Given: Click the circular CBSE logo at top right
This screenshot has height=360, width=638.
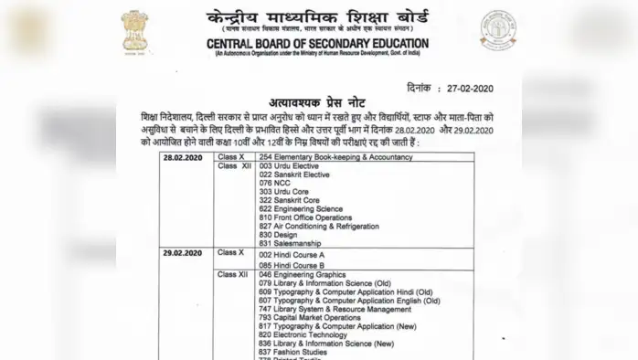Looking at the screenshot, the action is [x=498, y=30].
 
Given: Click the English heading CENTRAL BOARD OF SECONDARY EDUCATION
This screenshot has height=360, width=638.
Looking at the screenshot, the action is [x=317, y=43].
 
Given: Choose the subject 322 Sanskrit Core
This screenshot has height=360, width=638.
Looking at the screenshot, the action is [x=289, y=200].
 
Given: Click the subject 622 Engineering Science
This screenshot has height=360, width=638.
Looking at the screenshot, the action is [x=301, y=208].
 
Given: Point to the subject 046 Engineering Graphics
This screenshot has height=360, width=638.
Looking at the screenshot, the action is [x=303, y=275].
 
